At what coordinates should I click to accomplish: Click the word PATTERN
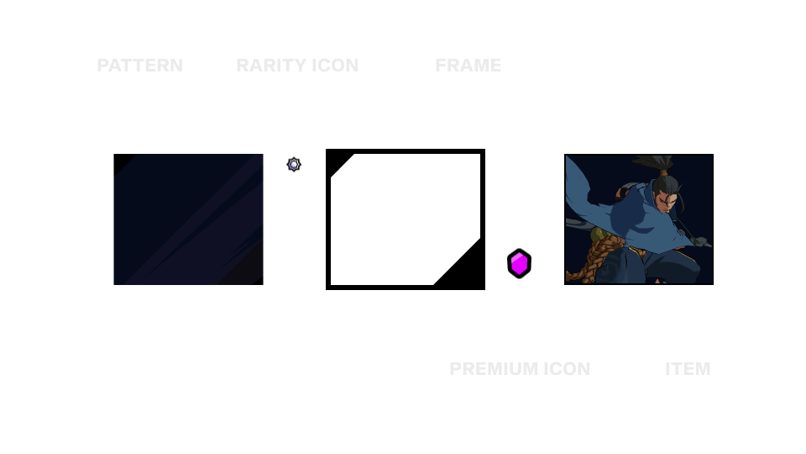coord(139,66)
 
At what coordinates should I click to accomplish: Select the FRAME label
coord(468,66)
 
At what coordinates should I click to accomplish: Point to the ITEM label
coord(688,369)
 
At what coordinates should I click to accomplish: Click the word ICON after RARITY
coord(334,66)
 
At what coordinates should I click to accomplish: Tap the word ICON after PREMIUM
coord(566,369)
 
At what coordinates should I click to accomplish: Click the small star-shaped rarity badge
coord(294,165)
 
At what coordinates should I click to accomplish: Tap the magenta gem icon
coord(519,264)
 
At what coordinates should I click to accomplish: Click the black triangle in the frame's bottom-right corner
coord(466,271)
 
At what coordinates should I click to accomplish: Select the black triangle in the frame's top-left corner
coord(338,162)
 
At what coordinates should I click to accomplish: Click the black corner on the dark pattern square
coord(121,161)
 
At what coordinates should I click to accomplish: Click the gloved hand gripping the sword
coord(699,241)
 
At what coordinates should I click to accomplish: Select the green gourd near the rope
coord(597,235)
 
